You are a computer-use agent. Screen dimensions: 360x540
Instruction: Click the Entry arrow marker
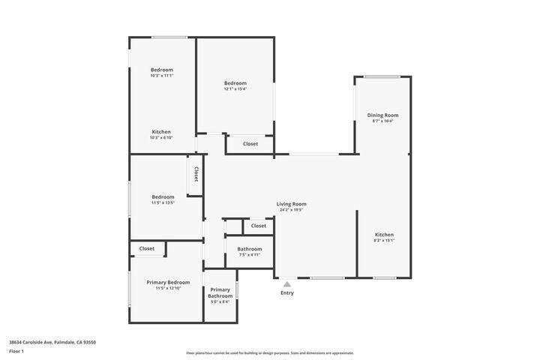tap(286, 283)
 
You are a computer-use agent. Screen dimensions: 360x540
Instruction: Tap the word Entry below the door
tap(287, 293)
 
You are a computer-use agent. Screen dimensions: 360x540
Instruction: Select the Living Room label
tap(291, 204)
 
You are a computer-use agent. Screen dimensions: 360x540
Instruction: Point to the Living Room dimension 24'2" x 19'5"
tap(291, 210)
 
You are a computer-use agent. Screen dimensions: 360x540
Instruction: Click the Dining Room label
tap(382, 115)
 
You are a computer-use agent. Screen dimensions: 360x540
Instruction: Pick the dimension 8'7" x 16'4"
tap(382, 121)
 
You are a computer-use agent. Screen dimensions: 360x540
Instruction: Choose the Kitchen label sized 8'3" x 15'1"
tap(384, 235)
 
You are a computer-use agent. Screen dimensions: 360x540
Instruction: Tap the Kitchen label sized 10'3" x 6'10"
tap(161, 131)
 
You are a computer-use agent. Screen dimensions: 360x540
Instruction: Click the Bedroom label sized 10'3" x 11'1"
tap(161, 70)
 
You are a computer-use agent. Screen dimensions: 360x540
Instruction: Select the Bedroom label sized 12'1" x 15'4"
tap(235, 82)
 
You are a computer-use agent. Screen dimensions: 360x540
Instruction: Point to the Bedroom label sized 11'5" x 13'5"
tap(163, 196)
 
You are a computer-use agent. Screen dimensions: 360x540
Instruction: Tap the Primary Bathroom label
tap(220, 292)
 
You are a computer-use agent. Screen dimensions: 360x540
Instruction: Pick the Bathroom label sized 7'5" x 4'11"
tap(250, 249)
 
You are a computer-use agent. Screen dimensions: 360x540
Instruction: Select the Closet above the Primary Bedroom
tap(146, 248)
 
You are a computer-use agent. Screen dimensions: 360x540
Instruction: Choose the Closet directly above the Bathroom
tap(258, 226)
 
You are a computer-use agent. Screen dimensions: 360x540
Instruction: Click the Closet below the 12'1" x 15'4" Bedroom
tap(250, 143)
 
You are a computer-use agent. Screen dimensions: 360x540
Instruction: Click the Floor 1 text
tap(17, 351)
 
